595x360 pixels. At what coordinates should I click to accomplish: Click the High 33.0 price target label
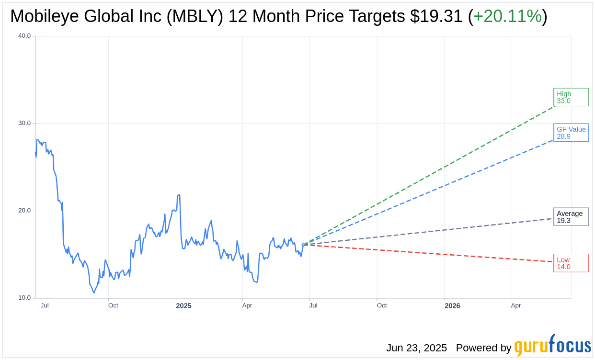tap(571, 97)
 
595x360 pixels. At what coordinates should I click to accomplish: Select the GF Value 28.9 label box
tap(571, 133)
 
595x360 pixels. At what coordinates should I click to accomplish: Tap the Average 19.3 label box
tap(571, 217)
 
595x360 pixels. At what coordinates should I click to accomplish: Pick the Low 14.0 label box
tap(571, 263)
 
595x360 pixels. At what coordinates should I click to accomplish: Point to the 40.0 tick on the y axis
tap(24, 36)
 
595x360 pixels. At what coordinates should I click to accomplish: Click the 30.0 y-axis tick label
tap(24, 123)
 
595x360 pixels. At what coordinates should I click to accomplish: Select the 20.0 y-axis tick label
tap(24, 211)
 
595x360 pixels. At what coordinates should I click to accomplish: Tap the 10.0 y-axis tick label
tap(24, 298)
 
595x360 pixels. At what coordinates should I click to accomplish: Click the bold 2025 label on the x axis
tap(183, 306)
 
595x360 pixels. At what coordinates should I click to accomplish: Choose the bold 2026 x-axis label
tap(452, 306)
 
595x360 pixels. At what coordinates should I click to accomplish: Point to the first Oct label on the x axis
tap(113, 305)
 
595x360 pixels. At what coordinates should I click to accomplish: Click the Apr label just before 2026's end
tap(515, 305)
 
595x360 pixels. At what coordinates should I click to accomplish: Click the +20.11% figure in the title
tap(507, 16)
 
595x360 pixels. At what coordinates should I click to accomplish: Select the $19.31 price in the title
tap(436, 16)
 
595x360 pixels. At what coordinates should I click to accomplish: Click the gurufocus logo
tap(552, 346)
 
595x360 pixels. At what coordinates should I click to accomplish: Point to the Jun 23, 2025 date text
tap(416, 348)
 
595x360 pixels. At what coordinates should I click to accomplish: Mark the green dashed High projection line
tap(431, 173)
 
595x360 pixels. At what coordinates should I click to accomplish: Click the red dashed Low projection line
tap(431, 253)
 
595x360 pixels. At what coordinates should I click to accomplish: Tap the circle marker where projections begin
tap(303, 244)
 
